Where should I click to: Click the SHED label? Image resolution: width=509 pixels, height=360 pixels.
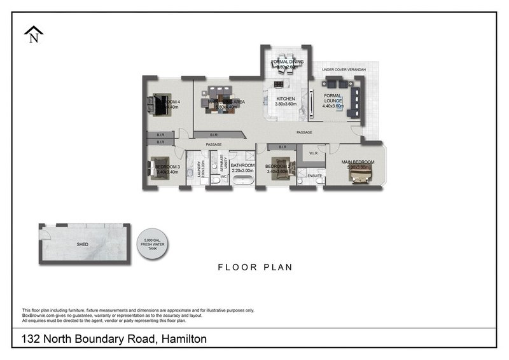coord(83,244)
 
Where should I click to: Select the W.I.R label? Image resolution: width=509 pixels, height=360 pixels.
coord(314,153)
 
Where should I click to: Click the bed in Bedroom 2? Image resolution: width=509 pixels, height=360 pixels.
coord(281,168)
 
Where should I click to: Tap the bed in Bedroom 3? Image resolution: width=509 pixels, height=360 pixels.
coord(159,168)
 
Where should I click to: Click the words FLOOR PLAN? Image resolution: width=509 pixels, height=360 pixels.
coord(254,268)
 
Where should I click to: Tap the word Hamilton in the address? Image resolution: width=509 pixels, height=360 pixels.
coord(183,339)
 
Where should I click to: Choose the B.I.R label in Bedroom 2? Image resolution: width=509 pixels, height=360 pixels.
coord(282,147)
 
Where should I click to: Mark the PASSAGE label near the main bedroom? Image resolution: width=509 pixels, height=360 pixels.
coord(305,132)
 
